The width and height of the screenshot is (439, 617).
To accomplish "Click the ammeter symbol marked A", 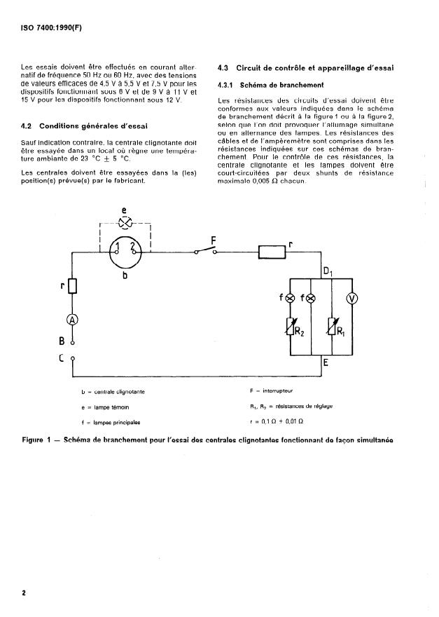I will (x=72, y=320).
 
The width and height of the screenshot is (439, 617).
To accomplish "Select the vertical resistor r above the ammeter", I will (x=72, y=286).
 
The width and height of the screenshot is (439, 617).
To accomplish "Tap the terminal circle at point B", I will (x=73, y=344).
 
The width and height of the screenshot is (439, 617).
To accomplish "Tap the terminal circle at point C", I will (x=73, y=359).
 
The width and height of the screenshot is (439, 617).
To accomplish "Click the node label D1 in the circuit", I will (x=327, y=271).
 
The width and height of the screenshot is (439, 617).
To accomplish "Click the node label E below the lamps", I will (x=326, y=363).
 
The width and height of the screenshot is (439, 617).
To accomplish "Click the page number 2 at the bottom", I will (x=25, y=592).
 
